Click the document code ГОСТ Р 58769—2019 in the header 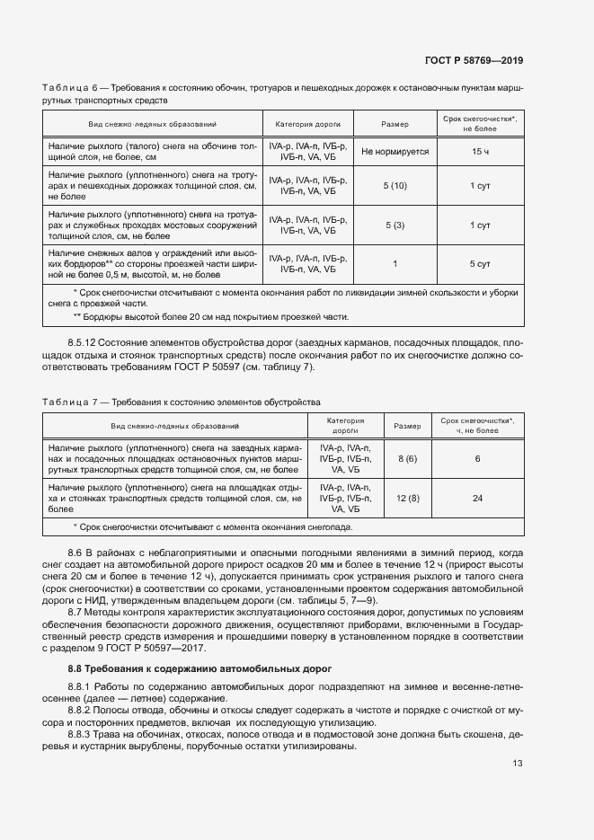click(x=473, y=61)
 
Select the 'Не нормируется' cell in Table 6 click(x=395, y=153)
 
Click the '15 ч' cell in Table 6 click(x=480, y=153)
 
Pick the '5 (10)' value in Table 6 click(x=395, y=185)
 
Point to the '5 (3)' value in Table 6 click(x=395, y=225)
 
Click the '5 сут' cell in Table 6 click(x=480, y=264)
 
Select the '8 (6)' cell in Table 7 click(x=408, y=458)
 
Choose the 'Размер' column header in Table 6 click(x=395, y=124)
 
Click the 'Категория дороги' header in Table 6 click(x=308, y=124)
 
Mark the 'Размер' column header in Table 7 click(x=408, y=425)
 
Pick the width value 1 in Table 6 click(x=395, y=264)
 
